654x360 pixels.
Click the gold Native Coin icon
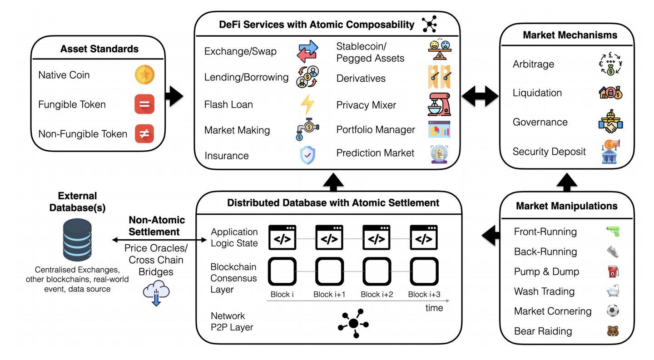click(144, 75)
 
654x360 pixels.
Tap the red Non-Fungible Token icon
click(144, 134)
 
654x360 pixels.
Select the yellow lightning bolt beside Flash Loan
click(307, 104)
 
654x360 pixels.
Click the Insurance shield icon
click(307, 155)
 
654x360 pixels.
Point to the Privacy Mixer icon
click(439, 104)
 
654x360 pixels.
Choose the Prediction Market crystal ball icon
click(439, 153)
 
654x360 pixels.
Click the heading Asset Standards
click(99, 49)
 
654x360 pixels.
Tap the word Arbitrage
click(533, 64)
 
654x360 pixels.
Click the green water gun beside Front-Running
click(613, 232)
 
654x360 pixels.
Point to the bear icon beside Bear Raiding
click(613, 331)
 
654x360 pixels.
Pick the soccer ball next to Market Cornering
click(613, 311)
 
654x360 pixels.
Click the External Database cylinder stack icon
click(77, 239)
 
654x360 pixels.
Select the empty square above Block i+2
click(377, 271)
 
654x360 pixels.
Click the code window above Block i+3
click(424, 237)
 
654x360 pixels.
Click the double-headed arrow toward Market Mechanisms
click(480, 97)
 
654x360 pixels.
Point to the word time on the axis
click(434, 308)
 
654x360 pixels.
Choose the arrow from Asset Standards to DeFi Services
click(174, 96)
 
